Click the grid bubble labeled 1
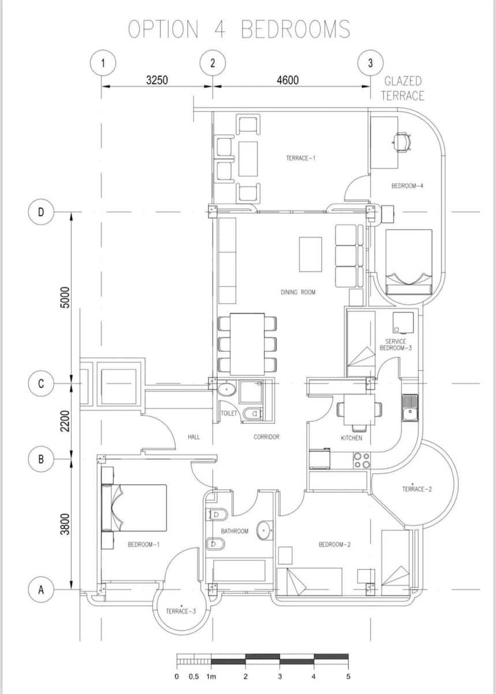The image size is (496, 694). point(102,63)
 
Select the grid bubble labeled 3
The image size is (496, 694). point(370,63)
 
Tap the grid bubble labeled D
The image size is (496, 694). point(40,212)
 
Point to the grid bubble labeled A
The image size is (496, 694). point(40,590)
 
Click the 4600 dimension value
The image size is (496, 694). point(288,80)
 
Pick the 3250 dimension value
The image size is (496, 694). point(156,80)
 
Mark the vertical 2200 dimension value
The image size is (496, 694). point(65,420)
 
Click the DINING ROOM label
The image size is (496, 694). point(298,293)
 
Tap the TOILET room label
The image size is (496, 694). point(229,414)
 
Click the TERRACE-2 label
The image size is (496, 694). point(417,489)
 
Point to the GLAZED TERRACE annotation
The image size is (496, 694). point(402,88)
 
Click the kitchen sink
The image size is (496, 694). point(409,407)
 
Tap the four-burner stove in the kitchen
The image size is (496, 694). point(361,460)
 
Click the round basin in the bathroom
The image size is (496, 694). point(265,530)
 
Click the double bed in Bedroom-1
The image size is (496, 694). point(136,508)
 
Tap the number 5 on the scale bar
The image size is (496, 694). point(348,676)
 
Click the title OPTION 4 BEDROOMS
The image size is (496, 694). point(238,29)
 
